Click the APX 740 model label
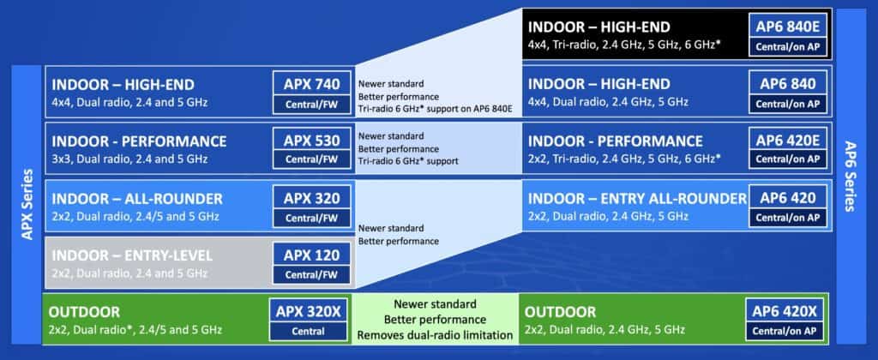click(x=312, y=84)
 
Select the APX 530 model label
click(x=312, y=141)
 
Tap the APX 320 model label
click(x=312, y=198)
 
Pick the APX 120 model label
click(x=312, y=255)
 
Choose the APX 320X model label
click(x=308, y=311)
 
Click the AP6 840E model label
click(x=788, y=25)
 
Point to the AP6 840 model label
click(x=788, y=84)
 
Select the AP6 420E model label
click(x=788, y=141)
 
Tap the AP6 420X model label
click(x=788, y=311)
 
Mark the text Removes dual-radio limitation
click(x=435, y=334)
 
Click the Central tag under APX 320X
click(x=308, y=331)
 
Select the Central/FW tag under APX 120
click(x=312, y=275)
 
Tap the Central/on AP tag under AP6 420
click(x=788, y=218)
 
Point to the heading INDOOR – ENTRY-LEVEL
click(x=132, y=255)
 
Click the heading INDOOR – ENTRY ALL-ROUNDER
click(x=637, y=199)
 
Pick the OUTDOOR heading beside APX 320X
click(x=86, y=312)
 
